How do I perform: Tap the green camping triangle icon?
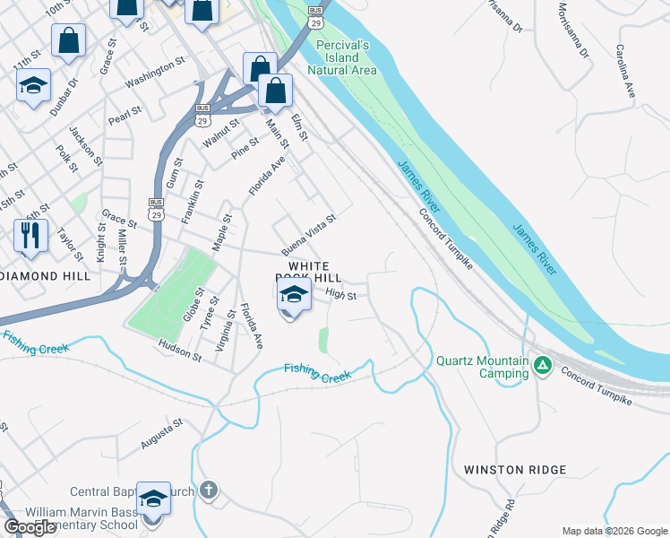pos(542,365)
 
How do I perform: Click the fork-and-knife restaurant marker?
pos(31,235)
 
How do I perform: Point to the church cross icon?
pos(208,490)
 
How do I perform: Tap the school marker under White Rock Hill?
pos(293,294)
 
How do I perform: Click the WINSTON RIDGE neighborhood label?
pos(515,470)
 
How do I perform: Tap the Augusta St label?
pos(161,433)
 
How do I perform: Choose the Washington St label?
pos(154,72)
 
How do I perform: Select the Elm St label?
pos(299,126)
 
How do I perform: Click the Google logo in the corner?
pos(31,527)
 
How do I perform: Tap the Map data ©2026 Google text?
pos(614,531)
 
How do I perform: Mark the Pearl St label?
pos(119,115)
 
